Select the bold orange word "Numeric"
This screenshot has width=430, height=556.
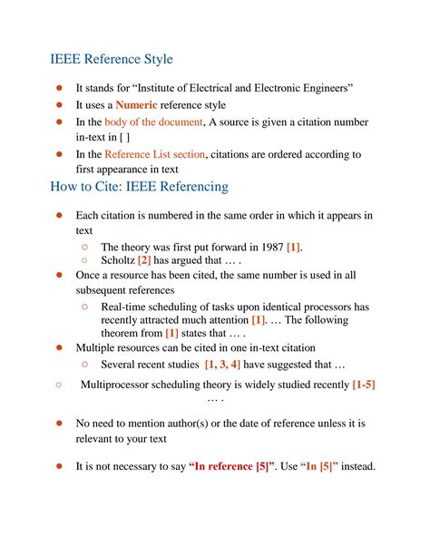[x=139, y=105]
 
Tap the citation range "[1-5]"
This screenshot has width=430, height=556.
[x=364, y=385]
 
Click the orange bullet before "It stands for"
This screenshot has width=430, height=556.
[x=58, y=88]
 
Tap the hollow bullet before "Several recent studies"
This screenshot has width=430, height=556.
[x=83, y=364]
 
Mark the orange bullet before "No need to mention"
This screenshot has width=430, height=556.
[x=58, y=423]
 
